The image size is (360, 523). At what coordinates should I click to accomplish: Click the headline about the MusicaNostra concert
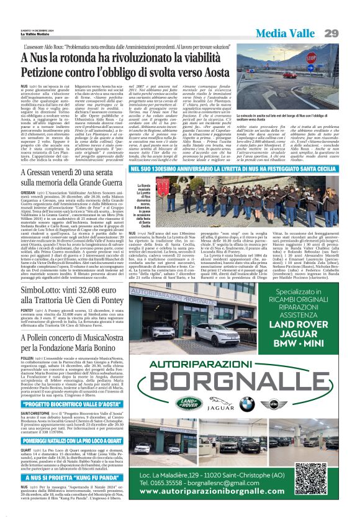coord(73,340)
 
